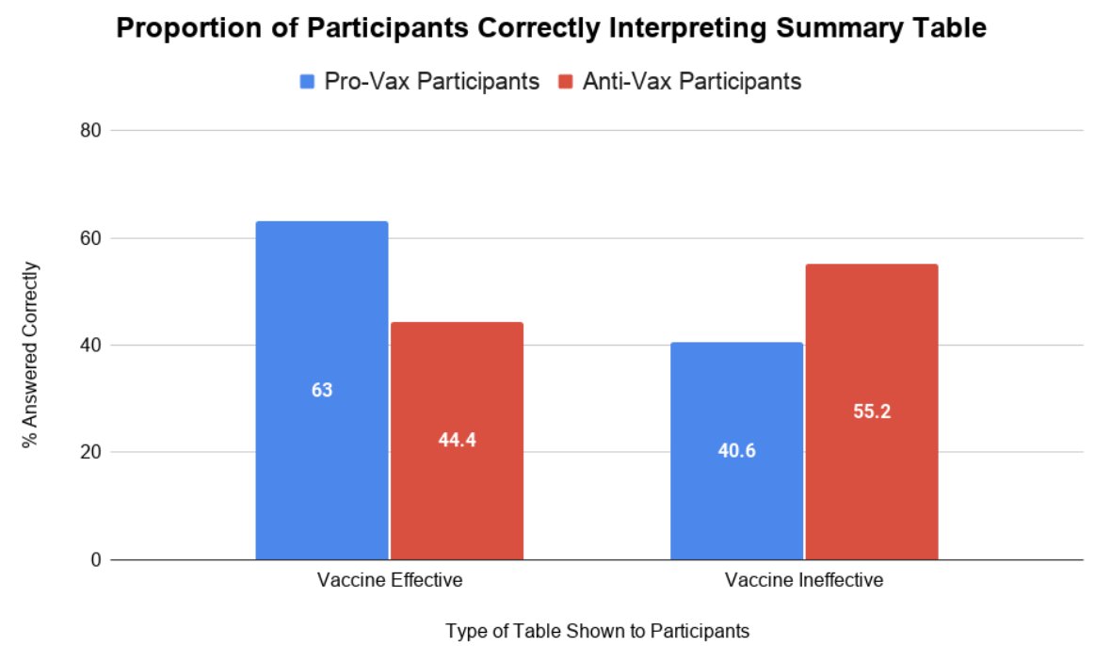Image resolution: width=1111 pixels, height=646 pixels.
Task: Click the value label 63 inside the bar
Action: (322, 390)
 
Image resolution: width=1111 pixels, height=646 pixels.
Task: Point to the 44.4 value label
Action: (457, 441)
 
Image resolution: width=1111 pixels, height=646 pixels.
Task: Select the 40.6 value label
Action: (736, 451)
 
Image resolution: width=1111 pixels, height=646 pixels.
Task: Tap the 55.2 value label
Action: (871, 412)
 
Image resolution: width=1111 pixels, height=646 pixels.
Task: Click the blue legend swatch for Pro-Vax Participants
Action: (307, 82)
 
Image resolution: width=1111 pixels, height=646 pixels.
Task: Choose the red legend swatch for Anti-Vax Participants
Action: (565, 82)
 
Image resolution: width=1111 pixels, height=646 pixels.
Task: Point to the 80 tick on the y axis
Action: (89, 131)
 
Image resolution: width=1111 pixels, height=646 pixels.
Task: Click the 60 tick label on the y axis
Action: (89, 238)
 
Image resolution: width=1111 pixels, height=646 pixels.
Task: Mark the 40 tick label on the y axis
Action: (89, 346)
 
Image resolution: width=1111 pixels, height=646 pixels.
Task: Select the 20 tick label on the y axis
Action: (89, 453)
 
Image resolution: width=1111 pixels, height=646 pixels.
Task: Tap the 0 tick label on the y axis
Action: (94, 560)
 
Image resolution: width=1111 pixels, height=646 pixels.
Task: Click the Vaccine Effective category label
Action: (389, 580)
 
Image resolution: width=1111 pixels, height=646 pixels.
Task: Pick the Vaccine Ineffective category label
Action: (804, 580)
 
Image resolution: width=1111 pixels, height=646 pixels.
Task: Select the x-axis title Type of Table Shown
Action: (598, 631)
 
